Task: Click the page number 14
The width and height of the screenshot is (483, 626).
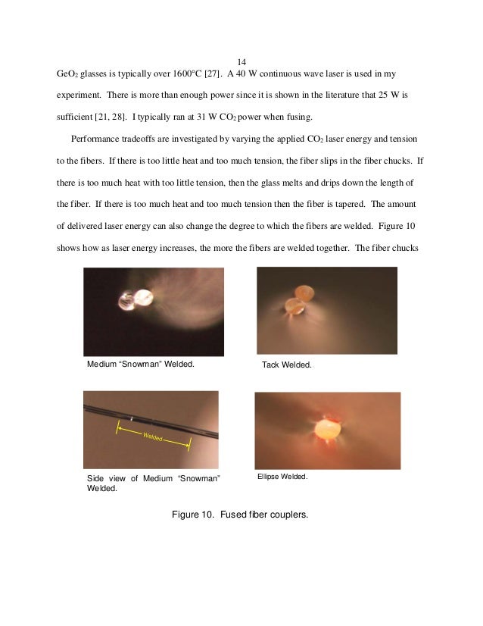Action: [242, 61]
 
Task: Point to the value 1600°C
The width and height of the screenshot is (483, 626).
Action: [182, 77]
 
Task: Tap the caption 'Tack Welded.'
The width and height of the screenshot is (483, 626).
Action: [287, 365]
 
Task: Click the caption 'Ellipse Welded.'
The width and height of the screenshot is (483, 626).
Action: [282, 477]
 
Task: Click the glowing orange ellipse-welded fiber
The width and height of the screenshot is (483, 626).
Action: [328, 430]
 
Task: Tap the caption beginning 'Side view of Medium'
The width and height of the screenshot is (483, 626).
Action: [154, 484]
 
